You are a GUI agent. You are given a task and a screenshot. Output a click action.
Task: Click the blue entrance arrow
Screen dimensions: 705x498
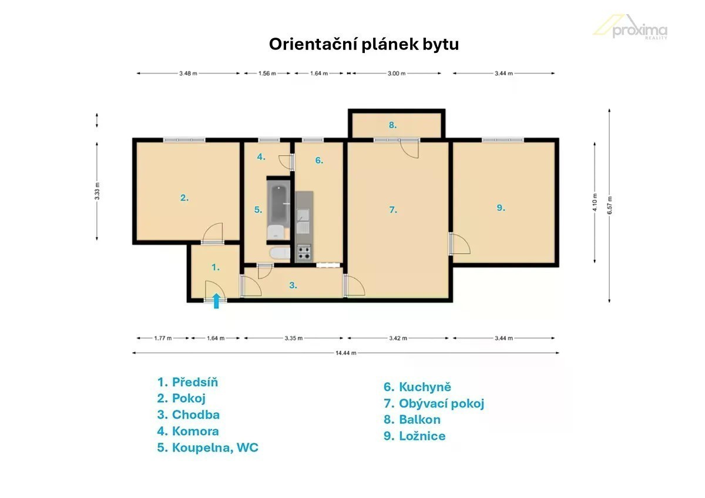(x=216, y=301)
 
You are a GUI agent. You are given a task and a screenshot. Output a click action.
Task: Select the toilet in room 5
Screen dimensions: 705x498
(x=280, y=253)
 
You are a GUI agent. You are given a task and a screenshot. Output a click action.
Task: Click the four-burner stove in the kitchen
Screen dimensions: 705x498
(x=304, y=253)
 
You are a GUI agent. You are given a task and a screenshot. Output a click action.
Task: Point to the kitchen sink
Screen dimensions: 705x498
(x=303, y=222)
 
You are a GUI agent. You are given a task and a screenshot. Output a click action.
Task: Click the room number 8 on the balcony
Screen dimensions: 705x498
(x=392, y=125)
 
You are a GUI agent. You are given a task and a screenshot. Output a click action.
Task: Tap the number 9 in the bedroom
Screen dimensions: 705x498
(x=501, y=208)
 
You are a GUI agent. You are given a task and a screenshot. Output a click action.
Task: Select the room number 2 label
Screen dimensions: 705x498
(x=184, y=198)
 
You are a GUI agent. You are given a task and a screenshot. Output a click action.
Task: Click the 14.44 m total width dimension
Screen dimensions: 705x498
(x=345, y=353)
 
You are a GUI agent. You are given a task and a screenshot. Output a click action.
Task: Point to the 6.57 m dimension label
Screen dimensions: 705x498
(x=610, y=205)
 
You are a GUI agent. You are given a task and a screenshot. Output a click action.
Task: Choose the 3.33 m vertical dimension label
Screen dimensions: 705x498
(x=97, y=191)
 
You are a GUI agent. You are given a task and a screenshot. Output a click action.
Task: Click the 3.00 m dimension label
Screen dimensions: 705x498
(x=397, y=73)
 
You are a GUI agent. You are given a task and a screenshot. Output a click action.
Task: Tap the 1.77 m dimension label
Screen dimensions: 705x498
(x=163, y=338)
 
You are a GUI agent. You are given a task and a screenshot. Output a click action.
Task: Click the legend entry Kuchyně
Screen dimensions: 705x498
(x=417, y=387)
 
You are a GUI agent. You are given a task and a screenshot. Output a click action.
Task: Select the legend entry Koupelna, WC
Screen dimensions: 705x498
(x=208, y=447)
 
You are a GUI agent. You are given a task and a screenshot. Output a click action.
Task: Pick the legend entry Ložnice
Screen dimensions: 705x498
(x=415, y=436)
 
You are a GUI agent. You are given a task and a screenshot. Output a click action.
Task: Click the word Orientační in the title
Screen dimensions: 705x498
(x=313, y=44)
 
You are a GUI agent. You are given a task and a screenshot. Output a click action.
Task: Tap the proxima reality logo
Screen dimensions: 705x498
(x=630, y=28)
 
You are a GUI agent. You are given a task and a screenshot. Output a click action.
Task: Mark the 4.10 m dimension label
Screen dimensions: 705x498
(x=595, y=202)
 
